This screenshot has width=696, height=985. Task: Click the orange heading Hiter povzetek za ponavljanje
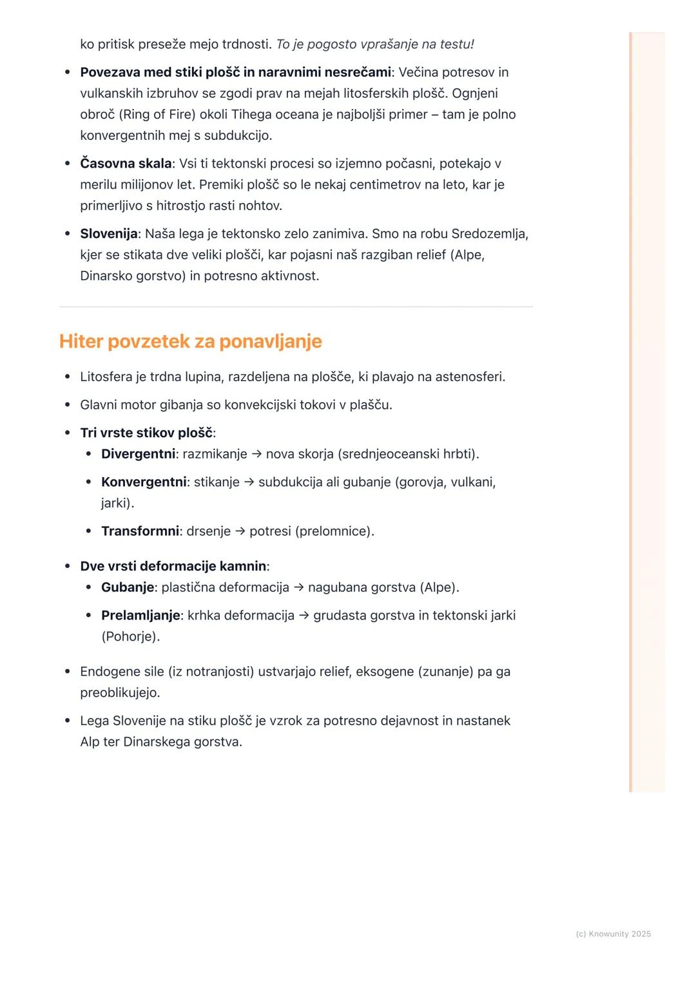(x=190, y=341)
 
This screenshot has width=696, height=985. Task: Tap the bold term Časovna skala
(x=126, y=163)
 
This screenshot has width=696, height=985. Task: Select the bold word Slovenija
(x=108, y=233)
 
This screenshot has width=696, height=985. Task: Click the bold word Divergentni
(x=138, y=454)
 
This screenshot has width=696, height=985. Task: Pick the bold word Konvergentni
(x=144, y=482)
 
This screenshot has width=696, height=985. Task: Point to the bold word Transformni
(x=140, y=531)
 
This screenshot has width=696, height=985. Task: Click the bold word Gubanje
(x=128, y=587)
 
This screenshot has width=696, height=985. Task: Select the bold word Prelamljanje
(x=140, y=615)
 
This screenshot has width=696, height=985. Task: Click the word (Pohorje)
(x=130, y=636)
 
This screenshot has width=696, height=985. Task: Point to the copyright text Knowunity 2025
(x=613, y=933)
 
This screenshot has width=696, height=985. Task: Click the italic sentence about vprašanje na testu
(x=374, y=44)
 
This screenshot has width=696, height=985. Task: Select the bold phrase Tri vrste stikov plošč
(x=146, y=433)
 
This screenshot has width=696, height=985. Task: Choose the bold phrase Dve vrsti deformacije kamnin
(x=173, y=566)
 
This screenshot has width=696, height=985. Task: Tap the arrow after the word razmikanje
(x=256, y=454)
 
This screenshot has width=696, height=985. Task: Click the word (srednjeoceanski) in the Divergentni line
(x=389, y=454)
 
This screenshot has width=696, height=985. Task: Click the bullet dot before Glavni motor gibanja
(x=67, y=405)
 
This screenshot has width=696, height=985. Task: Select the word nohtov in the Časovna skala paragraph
(x=260, y=206)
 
